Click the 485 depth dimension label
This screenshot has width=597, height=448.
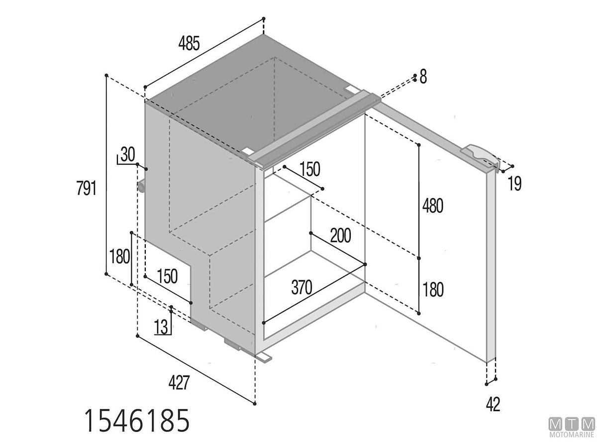[x=189, y=43]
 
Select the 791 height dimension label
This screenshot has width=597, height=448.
[x=86, y=188]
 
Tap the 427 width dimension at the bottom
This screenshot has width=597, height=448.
[x=179, y=382]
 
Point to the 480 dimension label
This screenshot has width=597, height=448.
[x=433, y=206]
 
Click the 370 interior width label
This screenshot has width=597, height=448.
[x=301, y=287]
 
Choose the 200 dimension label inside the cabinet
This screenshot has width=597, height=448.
[x=340, y=235]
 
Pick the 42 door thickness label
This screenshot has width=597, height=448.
[x=493, y=405]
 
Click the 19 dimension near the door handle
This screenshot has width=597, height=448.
[x=514, y=184]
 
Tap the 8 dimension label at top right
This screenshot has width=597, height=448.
[x=423, y=77]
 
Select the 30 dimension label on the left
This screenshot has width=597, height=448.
[x=128, y=154]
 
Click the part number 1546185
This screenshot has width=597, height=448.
[x=137, y=421]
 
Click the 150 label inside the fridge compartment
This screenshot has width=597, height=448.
[x=310, y=169]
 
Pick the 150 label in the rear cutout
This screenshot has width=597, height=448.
[x=167, y=276]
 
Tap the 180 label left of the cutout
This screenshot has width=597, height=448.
[x=119, y=256]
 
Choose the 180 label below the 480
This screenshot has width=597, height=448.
[x=433, y=289]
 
